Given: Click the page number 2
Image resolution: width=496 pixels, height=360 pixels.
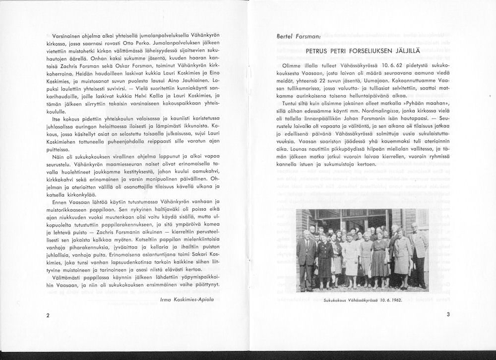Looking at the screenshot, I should [x=47, y=315].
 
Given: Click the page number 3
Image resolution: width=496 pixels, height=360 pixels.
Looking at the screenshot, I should [x=448, y=314].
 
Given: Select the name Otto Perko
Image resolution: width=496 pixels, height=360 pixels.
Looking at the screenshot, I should [x=152, y=44].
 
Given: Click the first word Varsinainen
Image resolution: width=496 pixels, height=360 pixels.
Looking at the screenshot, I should [x=68, y=37].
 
